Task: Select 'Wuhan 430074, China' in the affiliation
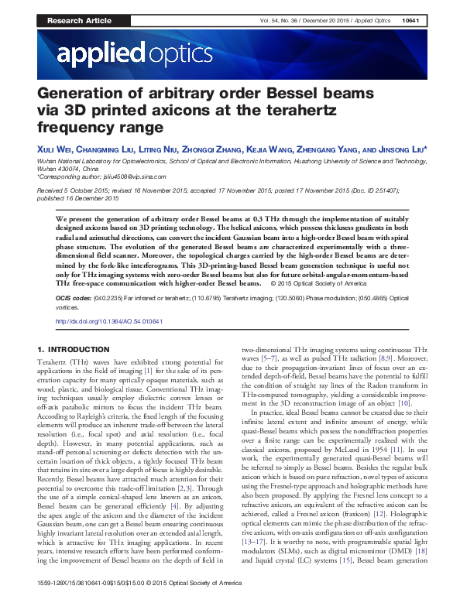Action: pos(68,167)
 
